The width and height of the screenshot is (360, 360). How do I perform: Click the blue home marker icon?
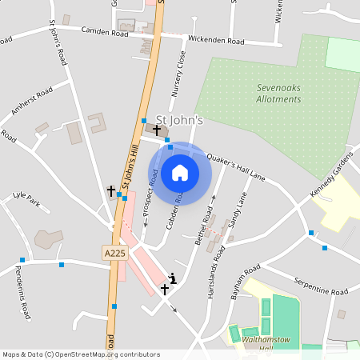pyautogui.click(x=180, y=173)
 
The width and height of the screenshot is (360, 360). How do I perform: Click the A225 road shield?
pyautogui.click(x=114, y=253)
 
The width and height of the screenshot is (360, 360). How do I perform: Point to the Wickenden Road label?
pyautogui.click(x=215, y=40)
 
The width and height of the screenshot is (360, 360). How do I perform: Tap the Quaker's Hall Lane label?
pyautogui.click(x=235, y=167)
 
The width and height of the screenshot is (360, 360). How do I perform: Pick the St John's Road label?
pyautogui.click(x=58, y=43)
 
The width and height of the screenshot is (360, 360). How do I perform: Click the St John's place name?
pyautogui.click(x=179, y=121)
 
